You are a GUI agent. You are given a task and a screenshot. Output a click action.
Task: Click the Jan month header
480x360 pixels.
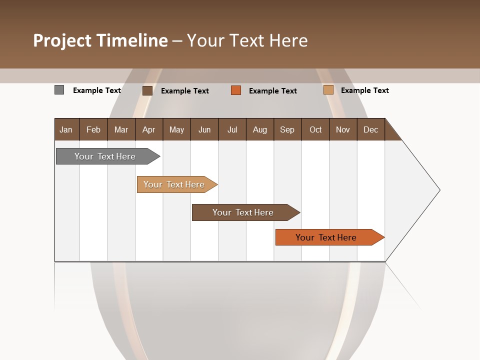66,129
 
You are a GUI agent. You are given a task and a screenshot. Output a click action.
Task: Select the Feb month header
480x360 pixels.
93,129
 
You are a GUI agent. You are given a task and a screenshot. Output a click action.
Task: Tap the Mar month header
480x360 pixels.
121,129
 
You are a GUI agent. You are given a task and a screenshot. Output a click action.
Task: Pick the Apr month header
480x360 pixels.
148,129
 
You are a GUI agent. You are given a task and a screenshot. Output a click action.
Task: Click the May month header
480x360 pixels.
176,129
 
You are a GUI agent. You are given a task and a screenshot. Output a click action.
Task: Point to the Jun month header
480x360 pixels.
204,129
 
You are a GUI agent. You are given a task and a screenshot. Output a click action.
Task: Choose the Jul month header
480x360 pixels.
232,129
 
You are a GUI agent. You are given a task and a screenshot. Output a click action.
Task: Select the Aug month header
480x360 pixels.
259,129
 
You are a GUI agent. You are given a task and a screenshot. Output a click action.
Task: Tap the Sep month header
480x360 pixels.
287,129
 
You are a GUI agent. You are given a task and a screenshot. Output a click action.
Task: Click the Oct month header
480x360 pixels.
315,129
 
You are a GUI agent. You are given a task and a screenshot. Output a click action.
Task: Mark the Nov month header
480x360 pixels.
342,129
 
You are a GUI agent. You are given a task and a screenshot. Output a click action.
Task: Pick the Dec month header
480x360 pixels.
370,129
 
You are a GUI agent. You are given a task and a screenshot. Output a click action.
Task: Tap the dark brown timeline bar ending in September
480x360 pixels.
243,212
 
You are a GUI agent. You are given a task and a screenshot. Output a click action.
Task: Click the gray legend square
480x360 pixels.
59,90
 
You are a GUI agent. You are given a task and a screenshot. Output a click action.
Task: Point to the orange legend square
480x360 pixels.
236,90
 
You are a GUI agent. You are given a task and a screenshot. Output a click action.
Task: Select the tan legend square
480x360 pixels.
328,90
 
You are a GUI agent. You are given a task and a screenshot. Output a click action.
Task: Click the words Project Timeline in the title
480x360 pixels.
100,40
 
